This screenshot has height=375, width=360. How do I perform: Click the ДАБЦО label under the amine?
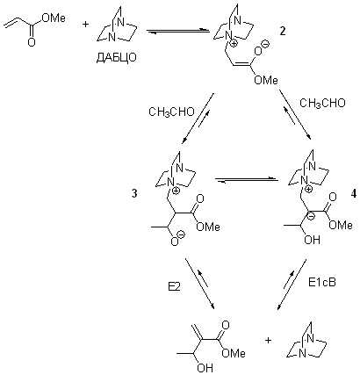tap(116, 58)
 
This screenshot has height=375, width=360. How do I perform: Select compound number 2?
tap(283, 32)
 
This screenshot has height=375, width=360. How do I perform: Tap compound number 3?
tap(134, 194)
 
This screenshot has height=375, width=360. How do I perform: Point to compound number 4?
tap(353, 194)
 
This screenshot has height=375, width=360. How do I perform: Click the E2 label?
tap(174, 287)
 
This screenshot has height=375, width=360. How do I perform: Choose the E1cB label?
tap(322, 282)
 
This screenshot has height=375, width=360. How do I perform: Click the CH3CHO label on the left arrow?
tap(171, 112)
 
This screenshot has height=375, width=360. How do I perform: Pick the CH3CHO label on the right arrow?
tap(322, 103)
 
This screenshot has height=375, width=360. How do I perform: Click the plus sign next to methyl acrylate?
tap(85, 24)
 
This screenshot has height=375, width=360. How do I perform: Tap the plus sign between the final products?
tap(268, 340)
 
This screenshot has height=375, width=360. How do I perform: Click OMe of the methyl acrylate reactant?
tap(54, 18)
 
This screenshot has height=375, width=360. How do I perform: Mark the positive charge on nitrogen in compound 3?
tap(176, 191)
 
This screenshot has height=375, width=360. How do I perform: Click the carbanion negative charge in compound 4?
tap(312, 217)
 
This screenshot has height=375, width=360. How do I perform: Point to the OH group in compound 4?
tap(312, 240)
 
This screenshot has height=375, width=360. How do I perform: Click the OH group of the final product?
tap(205, 368)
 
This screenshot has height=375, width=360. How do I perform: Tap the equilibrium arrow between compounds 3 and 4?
tap(247, 180)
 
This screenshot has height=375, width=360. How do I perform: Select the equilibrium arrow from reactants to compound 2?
tap(178, 31)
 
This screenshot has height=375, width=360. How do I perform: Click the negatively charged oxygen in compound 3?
tap(175, 242)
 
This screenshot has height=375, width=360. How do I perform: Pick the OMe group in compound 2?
tap(266, 80)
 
